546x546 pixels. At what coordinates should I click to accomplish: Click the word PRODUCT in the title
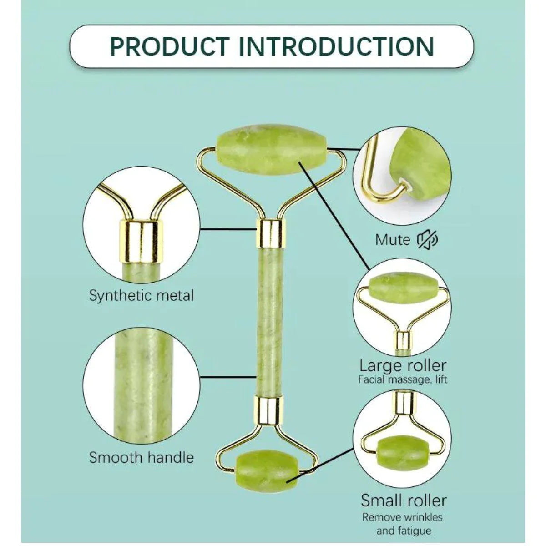click(170, 46)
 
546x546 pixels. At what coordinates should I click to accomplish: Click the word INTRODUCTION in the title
click(337, 46)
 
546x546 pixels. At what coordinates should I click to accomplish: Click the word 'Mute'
click(393, 239)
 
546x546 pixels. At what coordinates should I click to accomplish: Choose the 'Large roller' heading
click(403, 365)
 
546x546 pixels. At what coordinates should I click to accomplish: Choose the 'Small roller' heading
click(404, 500)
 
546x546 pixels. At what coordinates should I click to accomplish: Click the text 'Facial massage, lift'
click(403, 379)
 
